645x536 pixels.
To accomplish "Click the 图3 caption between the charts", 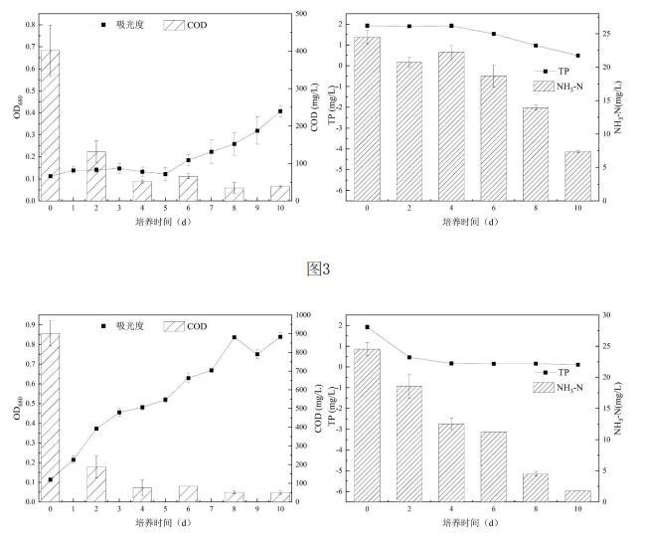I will coord(319,268).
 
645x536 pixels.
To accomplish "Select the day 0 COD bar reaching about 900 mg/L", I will coord(50,418).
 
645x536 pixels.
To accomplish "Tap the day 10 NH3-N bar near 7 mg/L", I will coord(577,176).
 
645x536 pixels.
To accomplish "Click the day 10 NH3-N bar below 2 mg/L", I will coord(577,495).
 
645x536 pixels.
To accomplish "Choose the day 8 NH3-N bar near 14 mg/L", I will coord(536,154).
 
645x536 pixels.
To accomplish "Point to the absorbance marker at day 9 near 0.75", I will coord(256,354).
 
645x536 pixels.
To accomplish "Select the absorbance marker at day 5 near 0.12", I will coord(165,174).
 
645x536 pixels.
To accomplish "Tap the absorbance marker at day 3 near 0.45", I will coord(119,412).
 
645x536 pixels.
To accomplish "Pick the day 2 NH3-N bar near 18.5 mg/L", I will coord(409,443).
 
